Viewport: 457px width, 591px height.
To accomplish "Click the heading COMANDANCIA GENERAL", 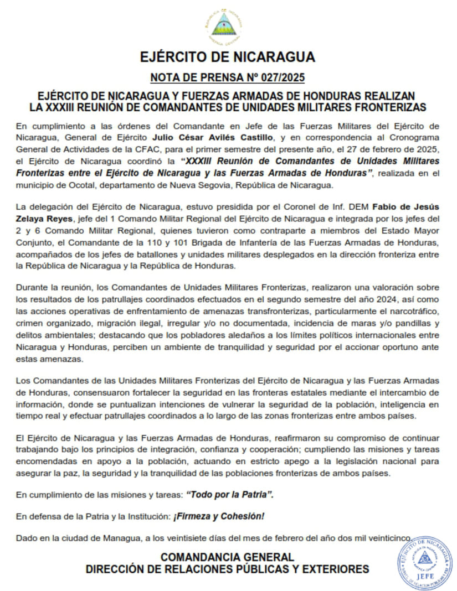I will tap(227, 557).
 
